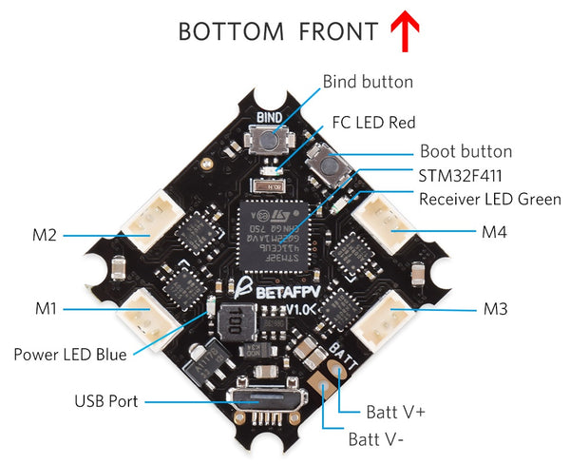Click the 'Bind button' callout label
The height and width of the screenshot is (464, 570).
[x=368, y=82]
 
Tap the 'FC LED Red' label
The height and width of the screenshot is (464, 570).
[x=373, y=123]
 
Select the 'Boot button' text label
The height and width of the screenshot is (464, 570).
[x=465, y=151]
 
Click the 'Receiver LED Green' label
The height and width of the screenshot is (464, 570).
[x=489, y=199]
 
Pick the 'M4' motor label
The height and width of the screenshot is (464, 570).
[x=494, y=231]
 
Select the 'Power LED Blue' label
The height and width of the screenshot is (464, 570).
[x=69, y=355]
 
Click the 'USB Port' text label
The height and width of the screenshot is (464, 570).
[x=105, y=401]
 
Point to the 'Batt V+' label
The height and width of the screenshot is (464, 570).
[x=396, y=412]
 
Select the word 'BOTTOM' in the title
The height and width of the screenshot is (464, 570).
[x=232, y=31]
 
